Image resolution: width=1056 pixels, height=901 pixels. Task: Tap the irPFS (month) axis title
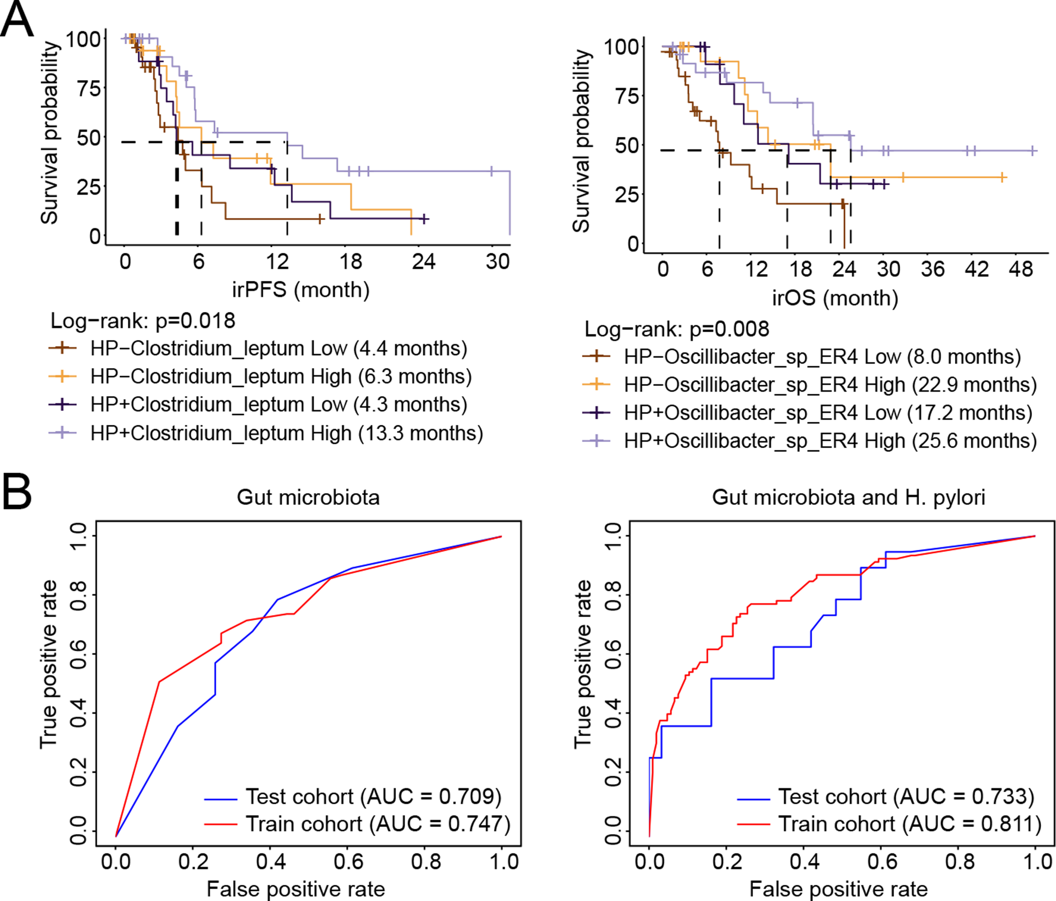[301, 289]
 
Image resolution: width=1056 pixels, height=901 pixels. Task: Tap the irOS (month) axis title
[835, 298]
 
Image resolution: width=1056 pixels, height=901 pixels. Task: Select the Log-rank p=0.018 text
[143, 321]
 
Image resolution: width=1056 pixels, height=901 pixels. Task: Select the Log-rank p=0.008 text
[676, 329]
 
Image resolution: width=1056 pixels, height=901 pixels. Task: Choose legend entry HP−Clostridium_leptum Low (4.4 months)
[278, 349]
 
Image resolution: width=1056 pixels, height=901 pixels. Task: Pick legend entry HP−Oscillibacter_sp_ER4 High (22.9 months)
[830, 385]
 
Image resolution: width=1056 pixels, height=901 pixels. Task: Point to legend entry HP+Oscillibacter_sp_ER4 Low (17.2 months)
[828, 413]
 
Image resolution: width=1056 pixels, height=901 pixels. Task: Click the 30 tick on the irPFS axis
[498, 262]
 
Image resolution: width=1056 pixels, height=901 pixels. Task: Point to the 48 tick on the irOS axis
[1021, 269]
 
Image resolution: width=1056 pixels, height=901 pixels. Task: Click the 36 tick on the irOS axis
[933, 269]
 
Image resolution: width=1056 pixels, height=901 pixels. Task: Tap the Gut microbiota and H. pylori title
[848, 497]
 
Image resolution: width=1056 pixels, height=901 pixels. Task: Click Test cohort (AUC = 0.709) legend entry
[373, 796]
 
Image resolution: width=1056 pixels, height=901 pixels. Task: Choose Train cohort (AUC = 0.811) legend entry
[910, 824]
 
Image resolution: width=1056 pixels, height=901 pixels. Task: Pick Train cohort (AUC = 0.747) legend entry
[378, 824]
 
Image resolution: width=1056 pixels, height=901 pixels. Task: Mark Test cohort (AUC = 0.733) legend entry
[905, 796]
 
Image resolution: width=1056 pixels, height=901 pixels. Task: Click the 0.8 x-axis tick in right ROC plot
[960, 862]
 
